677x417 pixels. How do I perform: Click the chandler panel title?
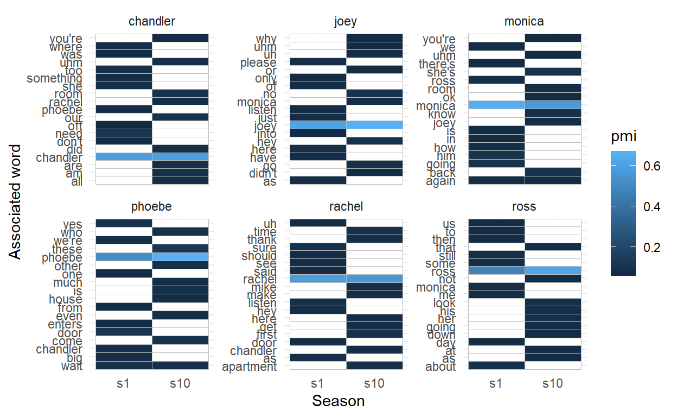tap(152, 22)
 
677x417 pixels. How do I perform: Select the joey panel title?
tap(346, 22)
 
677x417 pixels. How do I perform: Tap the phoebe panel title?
tap(152, 207)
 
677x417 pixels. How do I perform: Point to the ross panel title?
tap(524, 207)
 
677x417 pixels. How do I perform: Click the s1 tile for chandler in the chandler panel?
tap(124, 157)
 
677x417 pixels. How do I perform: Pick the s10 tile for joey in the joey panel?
tap(374, 125)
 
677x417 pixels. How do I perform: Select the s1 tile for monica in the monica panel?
tap(496, 105)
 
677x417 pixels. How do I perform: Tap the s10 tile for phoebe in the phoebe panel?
tap(180, 257)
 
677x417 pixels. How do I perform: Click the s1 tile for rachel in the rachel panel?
tap(318, 279)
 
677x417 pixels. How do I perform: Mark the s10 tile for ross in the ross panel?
tap(553, 270)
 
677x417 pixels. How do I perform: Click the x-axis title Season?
tap(338, 401)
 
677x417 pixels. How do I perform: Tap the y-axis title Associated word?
tap(16, 201)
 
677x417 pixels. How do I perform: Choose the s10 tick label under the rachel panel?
tap(374, 383)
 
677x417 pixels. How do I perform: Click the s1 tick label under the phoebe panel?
tap(124, 383)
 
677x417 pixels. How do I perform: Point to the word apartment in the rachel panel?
tap(250, 367)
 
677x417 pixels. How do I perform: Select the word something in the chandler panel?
tap(54, 79)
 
